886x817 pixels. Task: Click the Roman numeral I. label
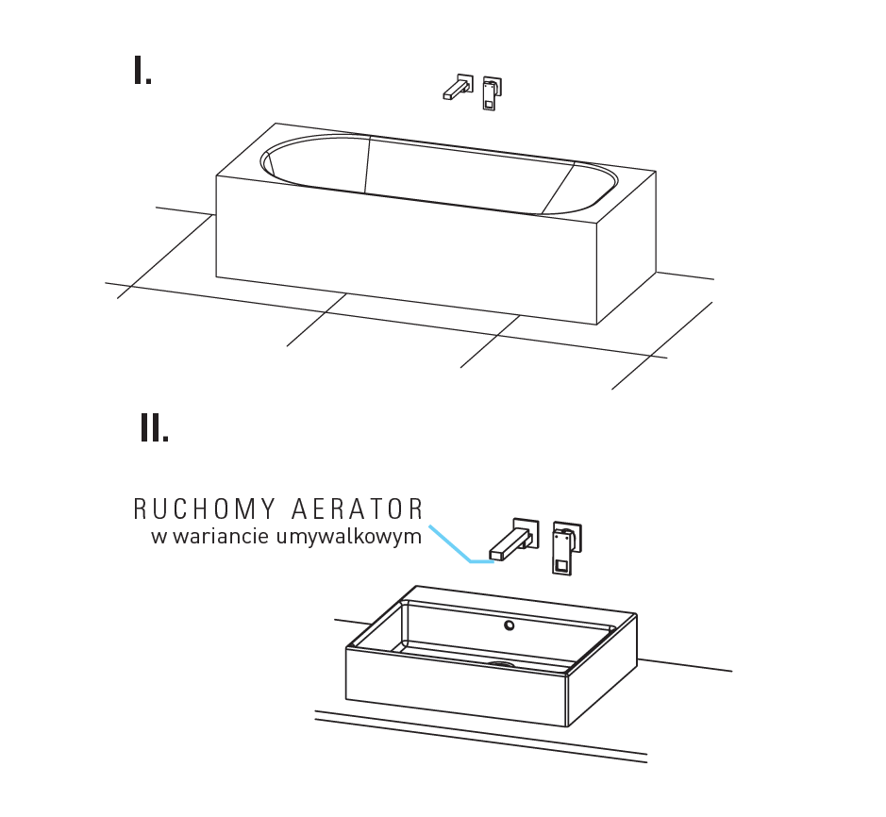(142, 70)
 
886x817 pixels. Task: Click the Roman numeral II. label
(154, 427)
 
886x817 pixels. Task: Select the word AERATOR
(357, 509)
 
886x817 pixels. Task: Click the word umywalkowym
(349, 536)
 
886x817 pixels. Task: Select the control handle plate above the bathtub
(493, 93)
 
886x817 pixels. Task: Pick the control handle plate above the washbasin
(566, 547)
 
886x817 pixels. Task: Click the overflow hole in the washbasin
(510, 625)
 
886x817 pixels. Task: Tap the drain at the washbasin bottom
(502, 664)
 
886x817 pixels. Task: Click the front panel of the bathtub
(407, 250)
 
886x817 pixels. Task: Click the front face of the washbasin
(457, 687)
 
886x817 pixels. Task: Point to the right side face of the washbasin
(602, 670)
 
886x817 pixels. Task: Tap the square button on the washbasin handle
(561, 566)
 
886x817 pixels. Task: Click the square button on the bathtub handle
(489, 104)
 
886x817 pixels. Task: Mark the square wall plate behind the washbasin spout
(527, 533)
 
